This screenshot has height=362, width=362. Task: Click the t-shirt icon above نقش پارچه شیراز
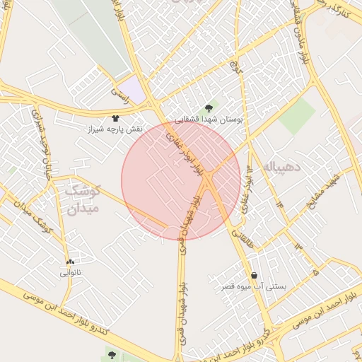(116, 119)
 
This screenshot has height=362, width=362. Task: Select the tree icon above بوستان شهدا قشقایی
(209, 108)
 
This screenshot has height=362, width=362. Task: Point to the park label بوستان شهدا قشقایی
(209, 120)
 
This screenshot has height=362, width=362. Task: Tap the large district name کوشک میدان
(83, 199)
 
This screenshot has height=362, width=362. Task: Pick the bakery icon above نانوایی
(70, 262)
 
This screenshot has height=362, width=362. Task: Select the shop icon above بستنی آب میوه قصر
(254, 275)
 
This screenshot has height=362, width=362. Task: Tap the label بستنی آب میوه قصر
(254, 286)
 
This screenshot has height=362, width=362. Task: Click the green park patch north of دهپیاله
(297, 116)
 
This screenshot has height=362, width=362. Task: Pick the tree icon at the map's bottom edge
(112, 354)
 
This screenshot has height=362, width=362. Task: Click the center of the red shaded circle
(181, 181)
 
